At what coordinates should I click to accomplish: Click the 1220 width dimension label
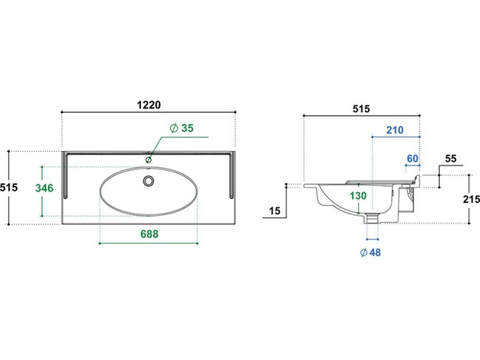(x=148, y=105)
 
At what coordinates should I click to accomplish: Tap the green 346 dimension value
(x=44, y=188)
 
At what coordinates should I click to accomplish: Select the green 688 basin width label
(x=149, y=234)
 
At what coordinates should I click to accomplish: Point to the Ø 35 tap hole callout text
(x=182, y=128)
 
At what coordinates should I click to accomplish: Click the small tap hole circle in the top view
(x=148, y=159)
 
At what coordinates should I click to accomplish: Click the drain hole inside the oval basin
(x=148, y=181)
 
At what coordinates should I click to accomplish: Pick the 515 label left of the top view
(x=9, y=187)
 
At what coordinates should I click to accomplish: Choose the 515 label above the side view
(x=361, y=108)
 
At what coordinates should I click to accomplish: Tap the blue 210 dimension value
(x=395, y=130)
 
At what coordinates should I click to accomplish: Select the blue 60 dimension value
(x=412, y=159)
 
